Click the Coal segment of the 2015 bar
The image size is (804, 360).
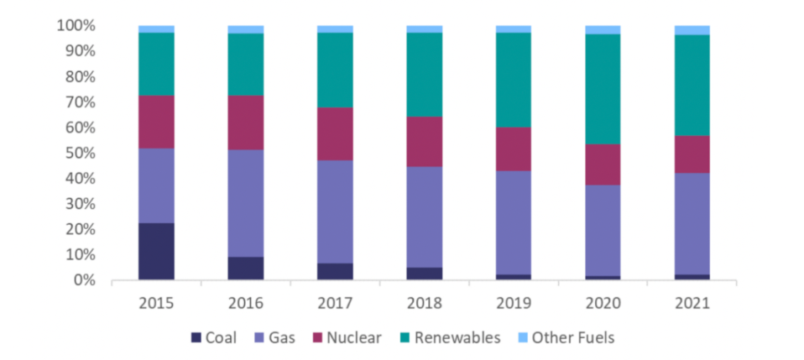tap(156, 251)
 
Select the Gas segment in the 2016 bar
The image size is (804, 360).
tap(245, 203)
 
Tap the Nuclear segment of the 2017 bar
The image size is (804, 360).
tap(335, 133)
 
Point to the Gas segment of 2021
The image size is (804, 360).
tap(692, 223)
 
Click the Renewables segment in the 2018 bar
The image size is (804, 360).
tap(424, 74)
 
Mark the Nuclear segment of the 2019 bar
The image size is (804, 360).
tap(513, 149)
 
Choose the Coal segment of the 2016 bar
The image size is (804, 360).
tap(245, 268)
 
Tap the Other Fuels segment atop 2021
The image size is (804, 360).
tap(692, 29)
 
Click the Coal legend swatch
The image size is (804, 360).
tap(196, 338)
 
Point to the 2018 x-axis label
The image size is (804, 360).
tap(424, 300)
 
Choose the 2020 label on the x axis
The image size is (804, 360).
tap(603, 300)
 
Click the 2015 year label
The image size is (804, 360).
tap(156, 300)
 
